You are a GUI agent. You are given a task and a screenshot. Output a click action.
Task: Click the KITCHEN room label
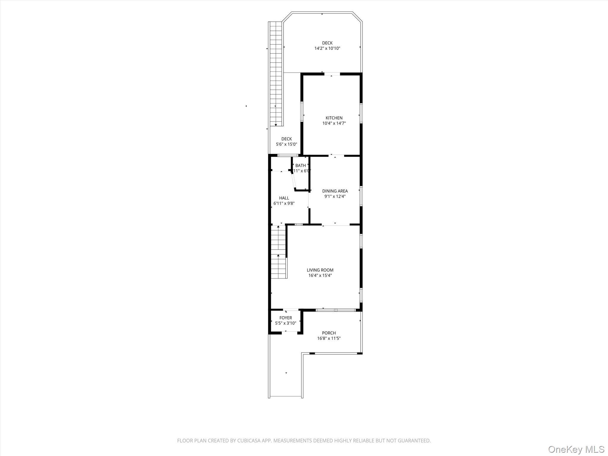click(x=334, y=118)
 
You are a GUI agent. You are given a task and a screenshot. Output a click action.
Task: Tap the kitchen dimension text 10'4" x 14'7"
click(x=334, y=123)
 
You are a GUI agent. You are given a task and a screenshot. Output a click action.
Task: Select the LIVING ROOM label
click(x=320, y=270)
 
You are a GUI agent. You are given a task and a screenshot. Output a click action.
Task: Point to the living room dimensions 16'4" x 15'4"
click(x=320, y=275)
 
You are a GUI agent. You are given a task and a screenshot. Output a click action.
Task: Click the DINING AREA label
click(x=335, y=191)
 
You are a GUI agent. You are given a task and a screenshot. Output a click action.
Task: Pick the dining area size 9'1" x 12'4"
click(x=335, y=196)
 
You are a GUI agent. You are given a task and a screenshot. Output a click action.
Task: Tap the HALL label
click(x=284, y=198)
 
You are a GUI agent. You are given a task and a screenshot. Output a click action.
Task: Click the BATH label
click(x=300, y=165)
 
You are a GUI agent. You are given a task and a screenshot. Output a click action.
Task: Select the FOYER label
click(x=286, y=318)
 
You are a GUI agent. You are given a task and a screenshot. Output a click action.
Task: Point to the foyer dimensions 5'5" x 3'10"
click(x=286, y=323)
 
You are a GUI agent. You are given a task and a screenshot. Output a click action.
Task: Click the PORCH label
click(x=329, y=333)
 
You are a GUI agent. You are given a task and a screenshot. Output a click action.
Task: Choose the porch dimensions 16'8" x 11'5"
click(x=329, y=338)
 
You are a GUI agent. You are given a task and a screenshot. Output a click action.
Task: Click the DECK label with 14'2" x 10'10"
click(x=327, y=43)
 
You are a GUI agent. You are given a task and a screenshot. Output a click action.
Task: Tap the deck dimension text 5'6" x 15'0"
click(x=286, y=144)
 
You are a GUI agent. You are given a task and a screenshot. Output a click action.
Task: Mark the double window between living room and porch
click(x=335, y=310)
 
